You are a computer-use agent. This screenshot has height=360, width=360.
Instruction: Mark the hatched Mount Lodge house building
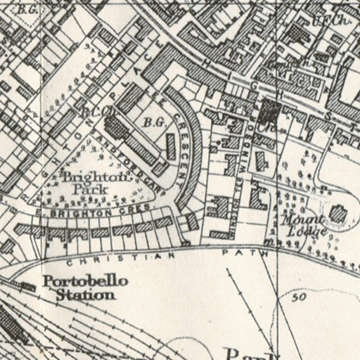click(x=337, y=213)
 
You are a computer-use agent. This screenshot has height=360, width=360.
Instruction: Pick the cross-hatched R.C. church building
click(x=115, y=127)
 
